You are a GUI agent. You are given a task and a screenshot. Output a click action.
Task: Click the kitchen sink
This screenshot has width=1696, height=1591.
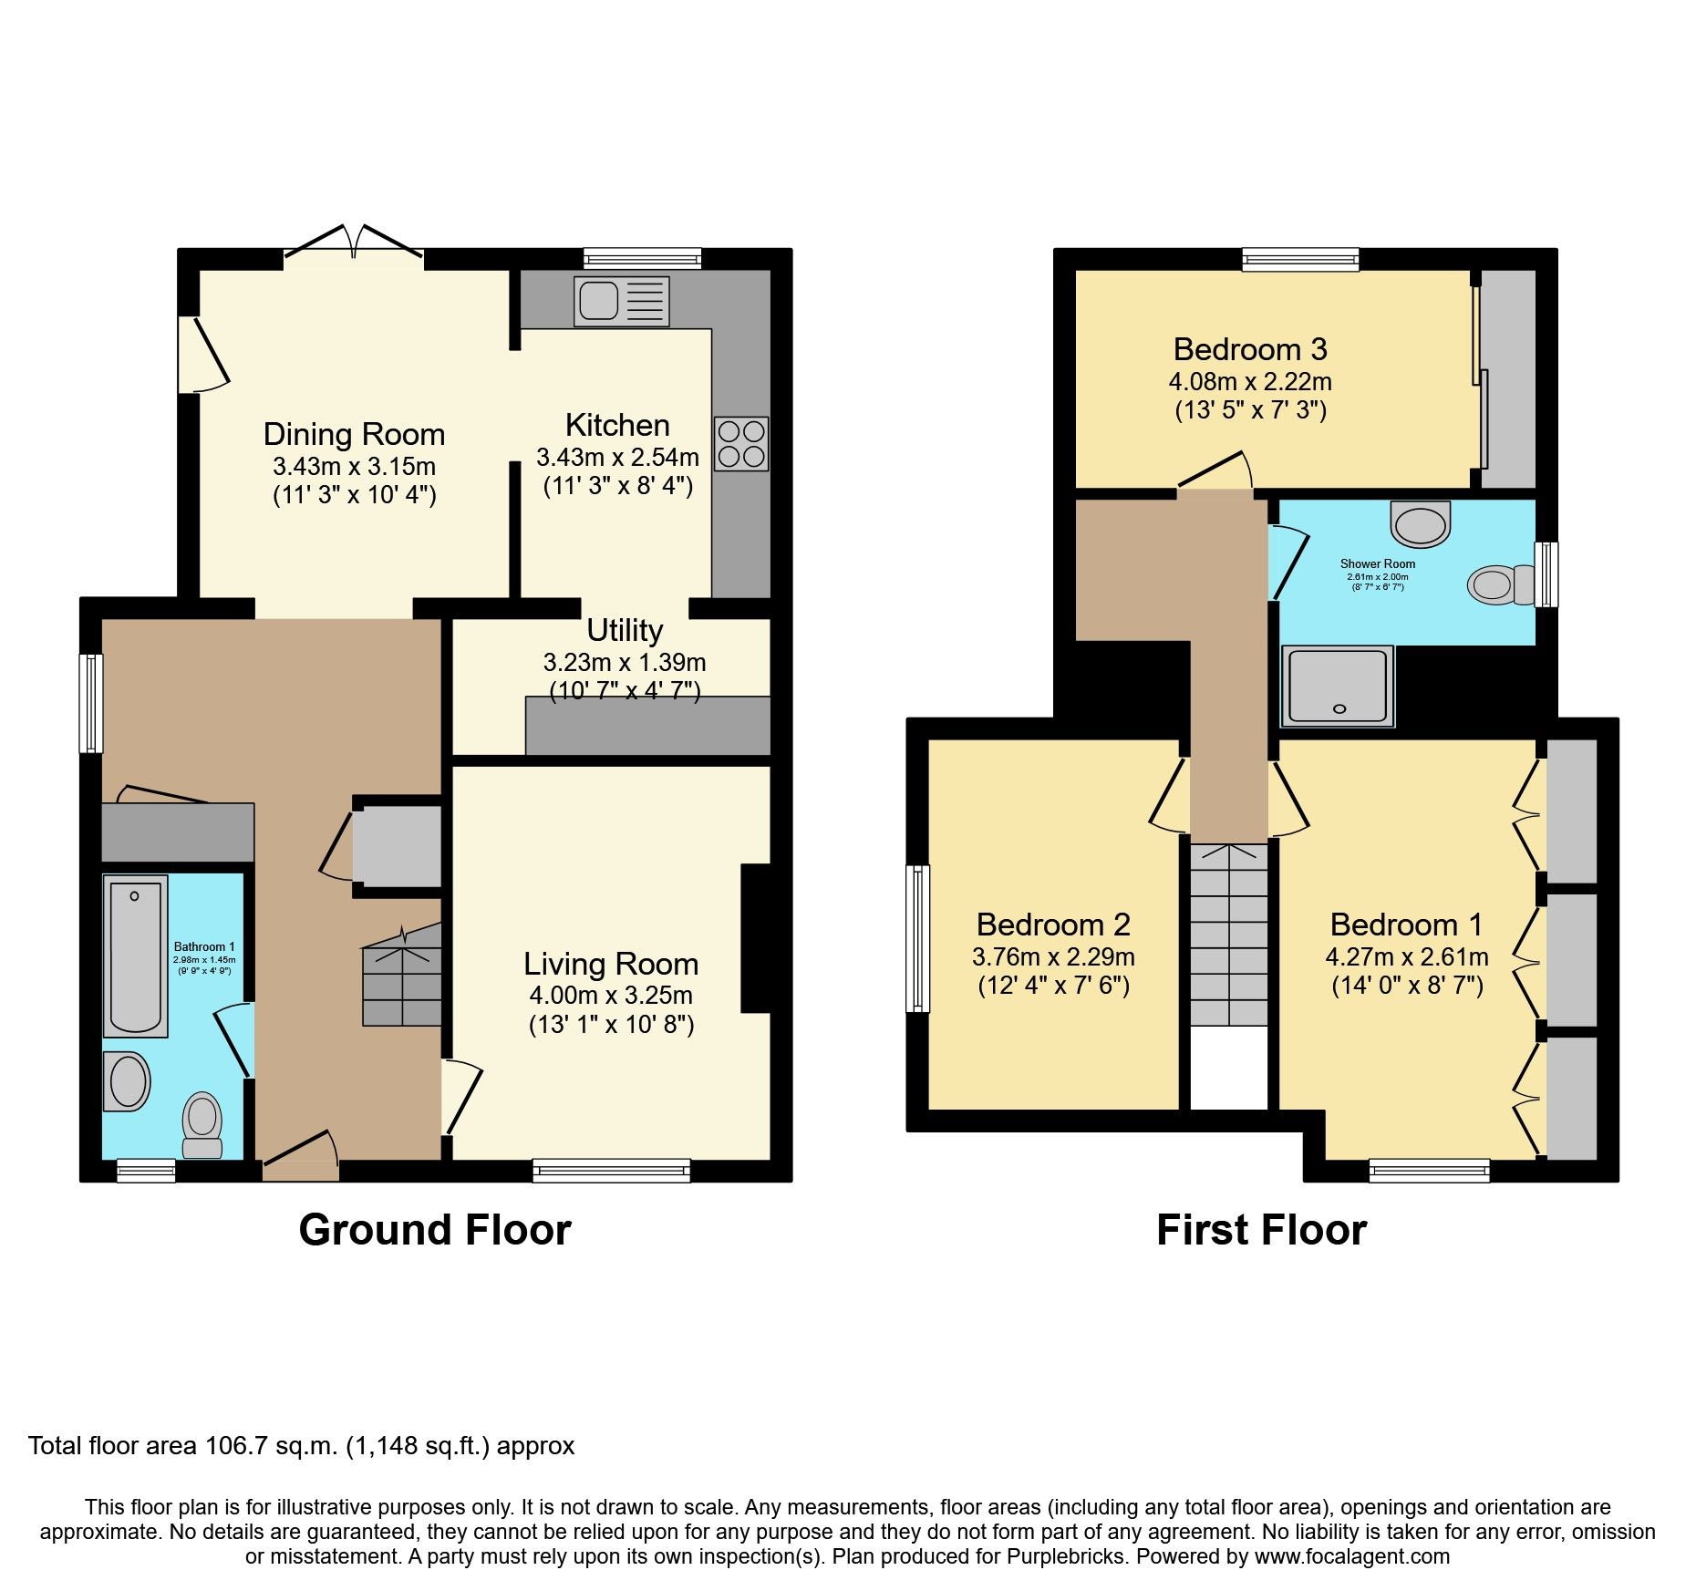point(621,301)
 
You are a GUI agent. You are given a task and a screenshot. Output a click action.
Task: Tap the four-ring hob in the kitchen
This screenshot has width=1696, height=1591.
point(740,444)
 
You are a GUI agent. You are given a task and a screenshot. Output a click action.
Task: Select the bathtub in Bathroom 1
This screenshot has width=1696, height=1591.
point(135,956)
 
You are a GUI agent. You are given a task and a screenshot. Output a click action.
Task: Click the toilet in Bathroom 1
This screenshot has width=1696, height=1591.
point(202,1124)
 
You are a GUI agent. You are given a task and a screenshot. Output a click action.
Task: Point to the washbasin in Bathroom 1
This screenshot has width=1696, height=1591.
point(128,1081)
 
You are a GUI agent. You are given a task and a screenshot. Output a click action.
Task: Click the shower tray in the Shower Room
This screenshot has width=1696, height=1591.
point(1338,686)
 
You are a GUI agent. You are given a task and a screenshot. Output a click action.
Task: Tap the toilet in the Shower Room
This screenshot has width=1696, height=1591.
point(1501,585)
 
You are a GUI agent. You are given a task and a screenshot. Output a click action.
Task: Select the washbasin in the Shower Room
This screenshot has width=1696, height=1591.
point(1421,523)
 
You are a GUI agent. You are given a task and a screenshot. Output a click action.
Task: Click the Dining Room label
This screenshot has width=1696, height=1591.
point(354,434)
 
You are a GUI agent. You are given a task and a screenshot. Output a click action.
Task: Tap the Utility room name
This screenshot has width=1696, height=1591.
point(624,630)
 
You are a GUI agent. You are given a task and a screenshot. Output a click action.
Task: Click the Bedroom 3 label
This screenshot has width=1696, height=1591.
point(1249,349)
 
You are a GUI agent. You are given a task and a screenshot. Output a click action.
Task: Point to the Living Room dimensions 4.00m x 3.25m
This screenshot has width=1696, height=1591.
point(610,995)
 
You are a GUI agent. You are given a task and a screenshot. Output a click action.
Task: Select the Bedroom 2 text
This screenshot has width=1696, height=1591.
point(1052,925)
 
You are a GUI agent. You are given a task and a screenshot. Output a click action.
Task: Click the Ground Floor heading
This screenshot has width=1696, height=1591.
point(434,1230)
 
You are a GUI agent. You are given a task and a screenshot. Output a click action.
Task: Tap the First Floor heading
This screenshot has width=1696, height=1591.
point(1261,1230)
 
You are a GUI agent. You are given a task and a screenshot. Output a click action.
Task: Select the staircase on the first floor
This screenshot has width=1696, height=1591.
point(1228,935)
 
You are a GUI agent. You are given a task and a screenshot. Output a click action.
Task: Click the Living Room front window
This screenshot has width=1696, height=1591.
point(611,1171)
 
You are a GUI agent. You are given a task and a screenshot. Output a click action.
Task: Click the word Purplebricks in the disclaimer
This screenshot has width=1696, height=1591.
point(1065,1556)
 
